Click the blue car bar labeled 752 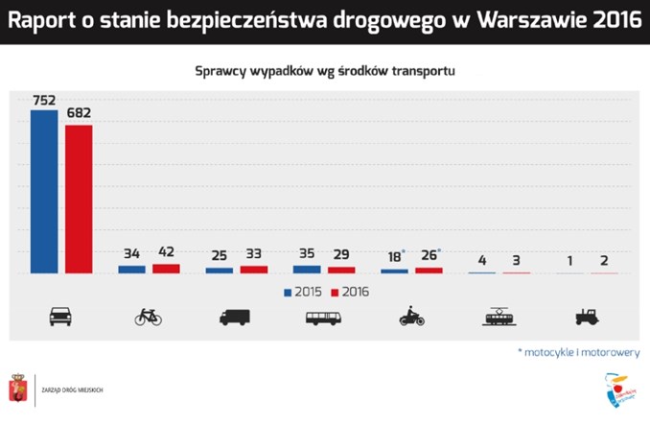44,191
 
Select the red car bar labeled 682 79,199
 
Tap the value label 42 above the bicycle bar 166,253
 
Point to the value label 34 131,253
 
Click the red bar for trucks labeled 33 253,270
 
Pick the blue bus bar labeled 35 307,270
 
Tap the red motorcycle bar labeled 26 429,271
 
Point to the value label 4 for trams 481,260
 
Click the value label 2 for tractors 604,260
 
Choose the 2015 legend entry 302,291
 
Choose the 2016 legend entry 350,291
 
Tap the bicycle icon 149,317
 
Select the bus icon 324,317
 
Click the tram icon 499,316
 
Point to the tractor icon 587,317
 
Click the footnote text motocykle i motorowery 581,352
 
